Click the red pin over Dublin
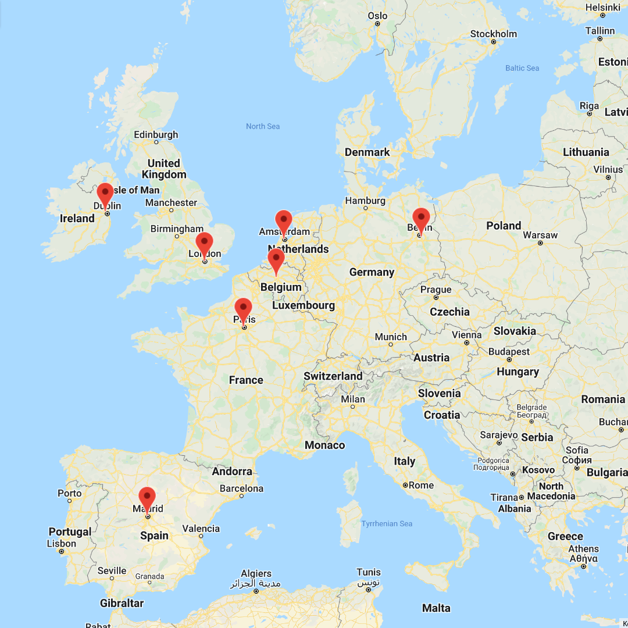point(105,193)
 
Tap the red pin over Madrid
point(147,498)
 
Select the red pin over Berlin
point(420,219)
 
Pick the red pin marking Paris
point(243,308)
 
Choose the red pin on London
point(204,242)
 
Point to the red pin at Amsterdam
point(284,221)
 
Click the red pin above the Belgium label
point(276,259)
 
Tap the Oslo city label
point(377,16)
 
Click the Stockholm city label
point(493,34)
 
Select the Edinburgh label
point(156,134)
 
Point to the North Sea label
point(263,126)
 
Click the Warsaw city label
point(540,235)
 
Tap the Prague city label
point(436,290)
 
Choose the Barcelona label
point(241,488)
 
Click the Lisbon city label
point(61,544)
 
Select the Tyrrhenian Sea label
point(387,523)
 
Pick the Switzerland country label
point(333,376)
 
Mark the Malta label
point(436,608)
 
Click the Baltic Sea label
point(522,68)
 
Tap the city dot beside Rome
point(405,485)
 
